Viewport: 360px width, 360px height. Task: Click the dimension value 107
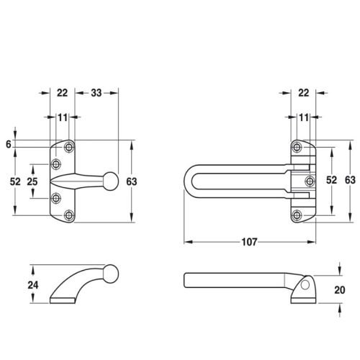249,242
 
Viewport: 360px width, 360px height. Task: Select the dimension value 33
96,93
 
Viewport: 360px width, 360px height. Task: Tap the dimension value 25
32,181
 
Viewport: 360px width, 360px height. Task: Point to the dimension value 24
33,285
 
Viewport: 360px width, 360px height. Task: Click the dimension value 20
340,290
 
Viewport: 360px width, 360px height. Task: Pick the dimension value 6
9,145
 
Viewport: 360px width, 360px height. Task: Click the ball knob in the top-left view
110,181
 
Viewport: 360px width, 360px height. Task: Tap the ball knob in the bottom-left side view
110,274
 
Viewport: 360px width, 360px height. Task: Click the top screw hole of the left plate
69,147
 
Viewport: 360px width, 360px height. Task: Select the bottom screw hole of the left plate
69,215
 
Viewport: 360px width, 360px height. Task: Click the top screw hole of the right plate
297,147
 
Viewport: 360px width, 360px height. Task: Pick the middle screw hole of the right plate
310,181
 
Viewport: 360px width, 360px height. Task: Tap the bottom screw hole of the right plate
297,215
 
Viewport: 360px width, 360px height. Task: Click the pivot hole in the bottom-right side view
305,285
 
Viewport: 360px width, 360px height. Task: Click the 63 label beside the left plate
132,181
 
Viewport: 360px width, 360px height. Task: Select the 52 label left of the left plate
15,181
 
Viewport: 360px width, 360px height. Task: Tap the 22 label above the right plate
303,93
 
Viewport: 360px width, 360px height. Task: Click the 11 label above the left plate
63,117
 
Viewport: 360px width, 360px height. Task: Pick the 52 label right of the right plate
331,180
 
